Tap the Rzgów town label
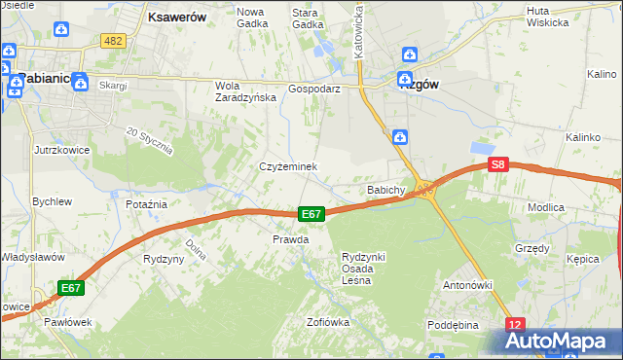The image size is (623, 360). click(x=420, y=85)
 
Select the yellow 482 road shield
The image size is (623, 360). click(x=114, y=40)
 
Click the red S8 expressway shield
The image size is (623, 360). click(x=498, y=165)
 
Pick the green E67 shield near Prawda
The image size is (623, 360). click(x=311, y=214)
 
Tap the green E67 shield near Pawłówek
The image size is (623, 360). click(x=70, y=288)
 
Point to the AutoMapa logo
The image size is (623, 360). click(x=556, y=342)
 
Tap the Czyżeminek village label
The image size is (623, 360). click(x=288, y=166)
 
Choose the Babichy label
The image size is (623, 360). click(x=385, y=190)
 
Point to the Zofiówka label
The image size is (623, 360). click(x=327, y=322)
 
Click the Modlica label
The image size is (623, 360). click(x=573, y=208)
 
